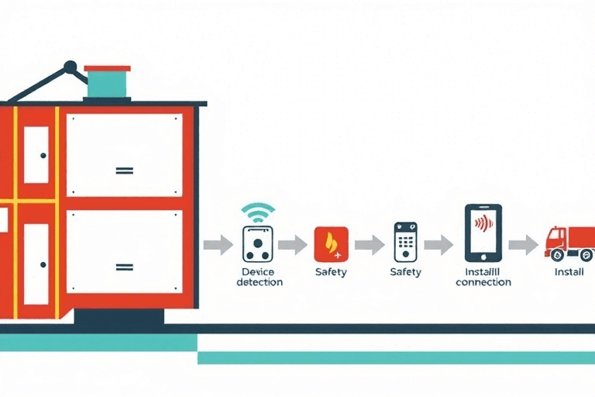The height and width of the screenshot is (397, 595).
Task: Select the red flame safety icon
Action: coord(332,243)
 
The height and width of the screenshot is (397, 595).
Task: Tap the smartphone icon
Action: coord(483,233)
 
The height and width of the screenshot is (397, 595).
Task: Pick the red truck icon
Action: coord(569,243)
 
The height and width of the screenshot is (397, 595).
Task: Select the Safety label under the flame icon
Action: coord(331,272)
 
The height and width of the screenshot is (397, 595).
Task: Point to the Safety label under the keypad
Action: coord(406,272)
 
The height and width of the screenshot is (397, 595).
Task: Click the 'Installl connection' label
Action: coord(483,277)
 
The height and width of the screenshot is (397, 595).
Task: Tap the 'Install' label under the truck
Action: coord(569,272)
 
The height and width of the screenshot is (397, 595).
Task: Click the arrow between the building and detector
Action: coord(218,245)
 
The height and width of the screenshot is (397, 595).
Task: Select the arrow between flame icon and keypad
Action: coord(370,245)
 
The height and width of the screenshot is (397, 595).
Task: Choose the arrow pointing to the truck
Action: coord(523,245)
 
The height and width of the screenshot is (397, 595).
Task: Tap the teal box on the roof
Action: coord(108,83)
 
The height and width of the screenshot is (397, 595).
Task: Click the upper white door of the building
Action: coord(36,154)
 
